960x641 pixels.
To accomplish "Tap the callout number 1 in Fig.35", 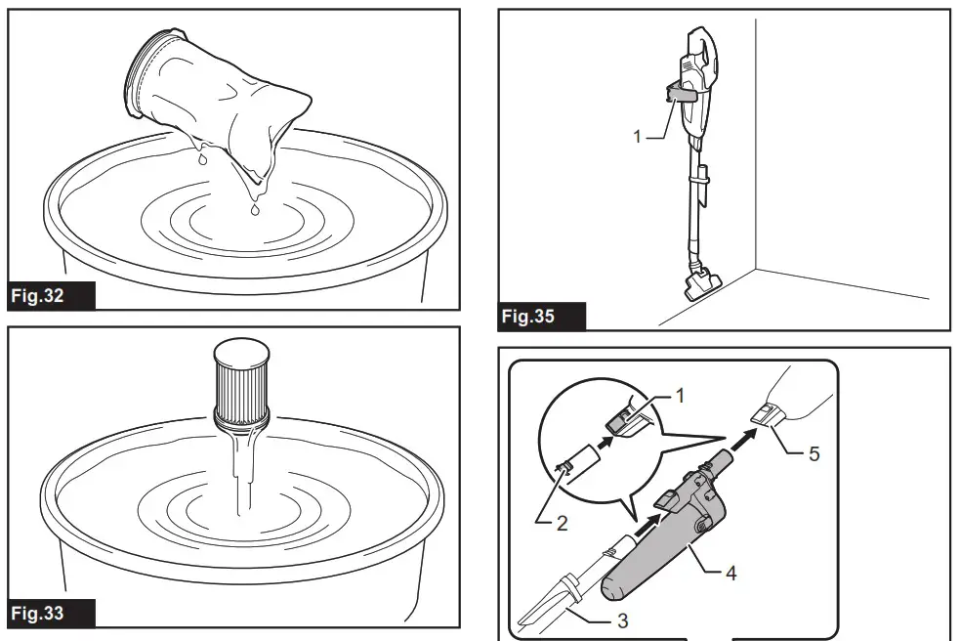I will [637, 137].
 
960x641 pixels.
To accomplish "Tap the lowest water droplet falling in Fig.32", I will [254, 208].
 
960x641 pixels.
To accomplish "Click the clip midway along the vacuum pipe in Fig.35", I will [703, 180].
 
